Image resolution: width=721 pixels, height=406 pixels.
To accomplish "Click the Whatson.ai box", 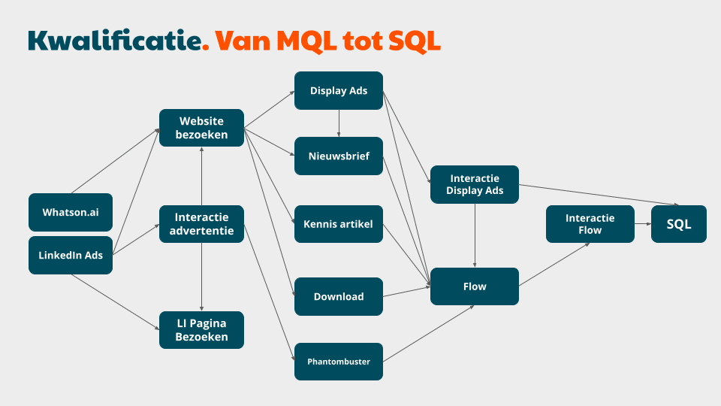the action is point(71,212).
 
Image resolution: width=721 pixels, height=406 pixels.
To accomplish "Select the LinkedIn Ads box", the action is point(71,256).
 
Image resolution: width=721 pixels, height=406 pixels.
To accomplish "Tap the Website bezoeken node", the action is point(201,128).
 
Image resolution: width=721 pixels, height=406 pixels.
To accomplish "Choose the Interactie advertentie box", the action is point(201,224).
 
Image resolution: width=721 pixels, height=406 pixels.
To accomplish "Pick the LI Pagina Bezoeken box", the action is point(201,330).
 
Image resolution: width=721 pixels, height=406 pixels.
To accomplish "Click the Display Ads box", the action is point(339,91).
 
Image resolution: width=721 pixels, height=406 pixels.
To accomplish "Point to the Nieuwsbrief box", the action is point(339,156).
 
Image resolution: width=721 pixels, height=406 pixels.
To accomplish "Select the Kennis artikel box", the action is point(339,224).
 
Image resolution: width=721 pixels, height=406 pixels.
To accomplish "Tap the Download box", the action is point(339,296).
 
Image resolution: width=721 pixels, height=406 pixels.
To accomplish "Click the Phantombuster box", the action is point(339,362).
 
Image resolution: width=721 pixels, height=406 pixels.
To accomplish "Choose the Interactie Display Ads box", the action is point(475,185).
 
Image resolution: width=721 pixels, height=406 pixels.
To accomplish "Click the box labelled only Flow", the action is point(475,286).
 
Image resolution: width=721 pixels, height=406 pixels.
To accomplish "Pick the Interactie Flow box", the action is point(590,224).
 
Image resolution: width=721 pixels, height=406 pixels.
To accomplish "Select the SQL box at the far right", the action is point(679,224).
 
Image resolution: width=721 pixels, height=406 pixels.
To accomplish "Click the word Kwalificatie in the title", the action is point(115,41).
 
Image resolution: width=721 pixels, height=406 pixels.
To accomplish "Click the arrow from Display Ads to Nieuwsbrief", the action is point(339,123).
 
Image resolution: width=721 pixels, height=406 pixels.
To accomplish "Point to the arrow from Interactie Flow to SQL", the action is point(643,224).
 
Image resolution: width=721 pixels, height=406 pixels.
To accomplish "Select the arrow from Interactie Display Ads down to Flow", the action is point(475,235).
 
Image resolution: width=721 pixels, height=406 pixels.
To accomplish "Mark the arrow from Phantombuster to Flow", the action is point(429,333).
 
